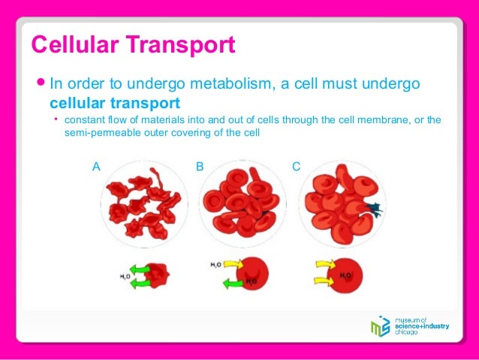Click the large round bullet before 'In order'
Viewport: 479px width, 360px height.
(41, 85)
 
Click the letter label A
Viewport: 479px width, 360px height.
(96, 166)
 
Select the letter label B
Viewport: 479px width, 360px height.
(200, 166)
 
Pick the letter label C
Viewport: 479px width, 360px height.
(297, 166)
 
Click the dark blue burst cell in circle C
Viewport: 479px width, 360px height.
(372, 210)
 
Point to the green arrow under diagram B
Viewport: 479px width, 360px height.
(234, 283)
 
